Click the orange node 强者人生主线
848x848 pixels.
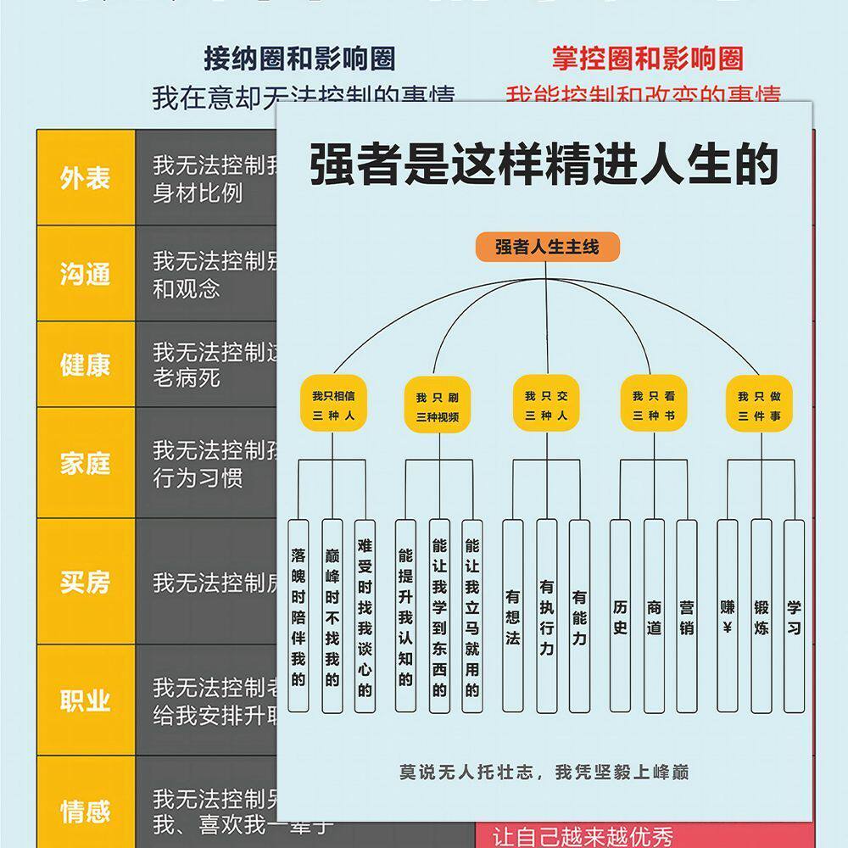click(547, 247)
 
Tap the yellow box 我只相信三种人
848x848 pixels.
click(333, 405)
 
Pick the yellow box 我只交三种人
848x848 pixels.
click(546, 404)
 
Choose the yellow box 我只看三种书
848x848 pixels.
click(654, 404)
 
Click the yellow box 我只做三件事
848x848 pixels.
click(759, 405)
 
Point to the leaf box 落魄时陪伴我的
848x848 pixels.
click(298, 615)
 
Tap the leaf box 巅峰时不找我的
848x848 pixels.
click(332, 615)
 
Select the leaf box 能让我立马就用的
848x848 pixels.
click(472, 615)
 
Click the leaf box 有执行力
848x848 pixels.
click(547, 615)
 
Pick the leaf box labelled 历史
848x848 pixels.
click(620, 615)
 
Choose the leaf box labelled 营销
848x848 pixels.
click(686, 615)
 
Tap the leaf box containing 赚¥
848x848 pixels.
click(728, 615)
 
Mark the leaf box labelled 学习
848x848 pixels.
click(794, 615)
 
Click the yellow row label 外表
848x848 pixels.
click(85, 178)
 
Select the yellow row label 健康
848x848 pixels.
click(85, 365)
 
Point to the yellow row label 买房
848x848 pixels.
click(85, 583)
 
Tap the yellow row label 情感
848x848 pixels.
click(85, 811)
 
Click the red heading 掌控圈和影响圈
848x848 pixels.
click(647, 59)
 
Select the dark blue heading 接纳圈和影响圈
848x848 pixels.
click(299, 59)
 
